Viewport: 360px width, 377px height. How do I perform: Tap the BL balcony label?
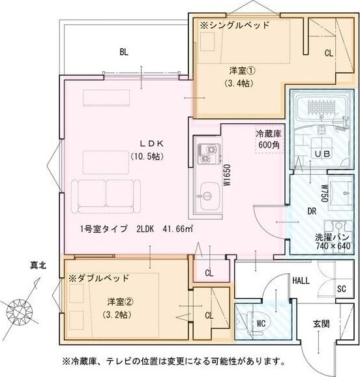123,51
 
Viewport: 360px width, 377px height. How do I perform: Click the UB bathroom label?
322,153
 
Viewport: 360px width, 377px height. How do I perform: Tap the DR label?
312,211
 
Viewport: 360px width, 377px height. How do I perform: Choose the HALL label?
301,280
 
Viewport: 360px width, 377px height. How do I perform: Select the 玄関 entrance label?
320,324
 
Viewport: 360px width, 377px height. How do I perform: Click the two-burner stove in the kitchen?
207,155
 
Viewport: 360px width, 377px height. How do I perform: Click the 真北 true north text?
38,266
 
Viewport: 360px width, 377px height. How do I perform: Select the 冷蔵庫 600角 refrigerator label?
268,138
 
